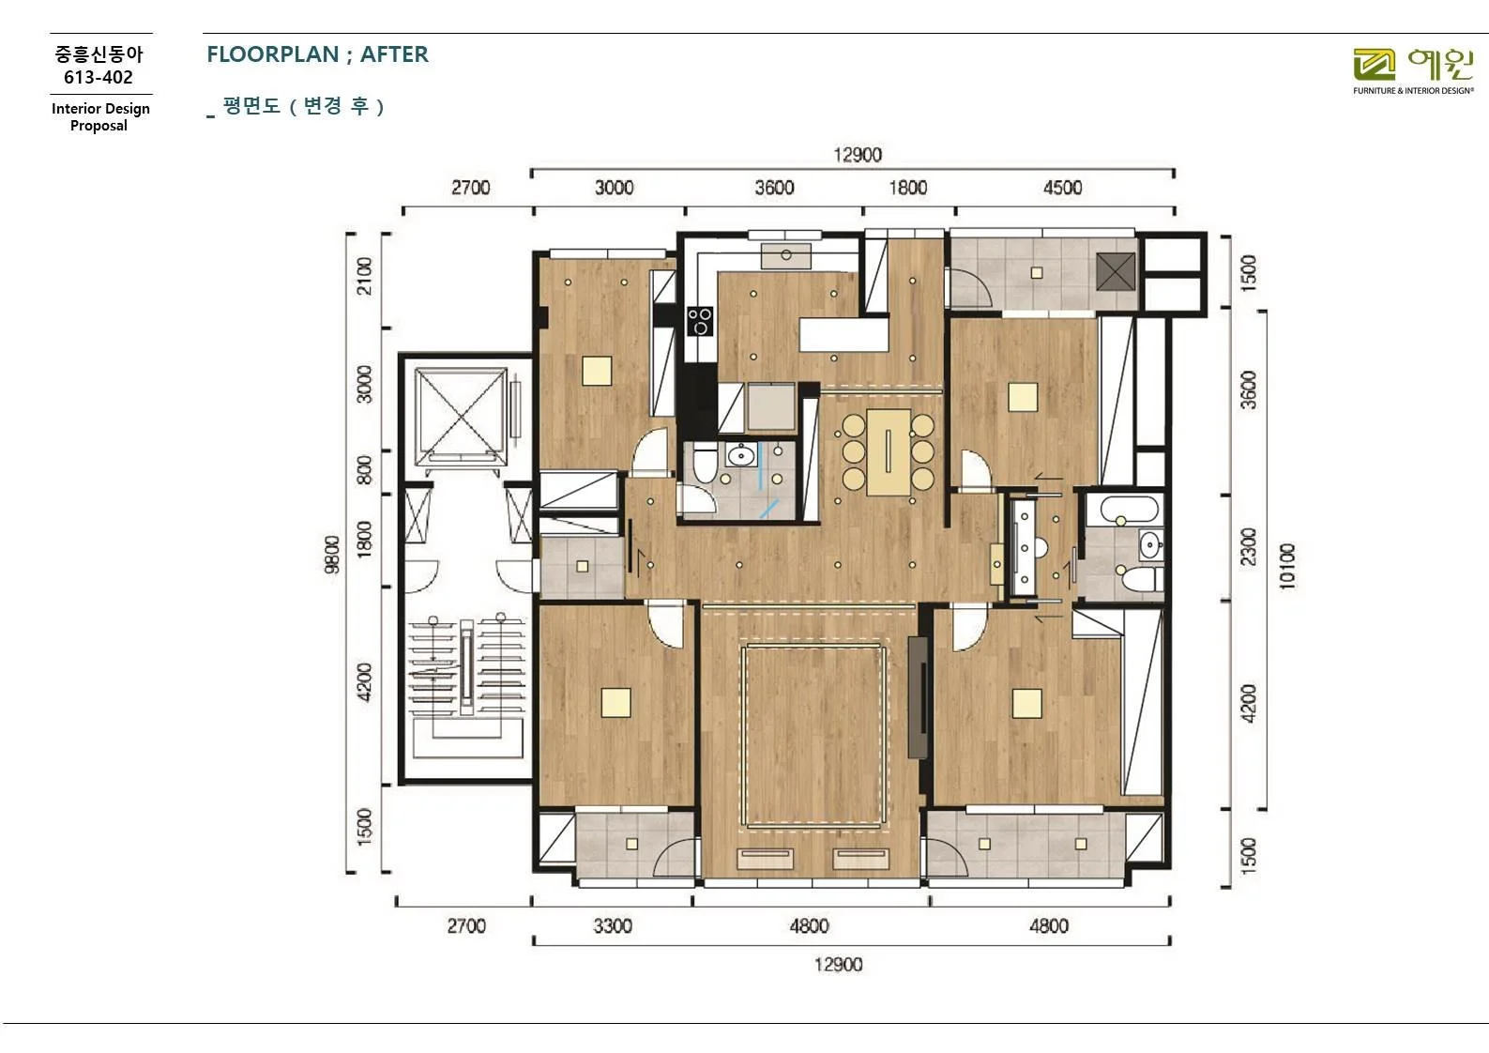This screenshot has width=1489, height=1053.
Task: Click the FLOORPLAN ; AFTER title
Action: (x=317, y=53)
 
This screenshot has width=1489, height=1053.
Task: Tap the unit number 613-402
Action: (x=99, y=77)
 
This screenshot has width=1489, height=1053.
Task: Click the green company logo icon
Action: (x=1374, y=65)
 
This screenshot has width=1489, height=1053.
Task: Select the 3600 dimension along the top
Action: (x=774, y=188)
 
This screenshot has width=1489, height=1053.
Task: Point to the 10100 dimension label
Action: (x=1287, y=566)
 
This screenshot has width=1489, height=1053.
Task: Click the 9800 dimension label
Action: (x=332, y=554)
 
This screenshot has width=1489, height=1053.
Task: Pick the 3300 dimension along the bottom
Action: (x=613, y=925)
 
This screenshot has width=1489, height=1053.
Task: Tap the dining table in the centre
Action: (x=889, y=451)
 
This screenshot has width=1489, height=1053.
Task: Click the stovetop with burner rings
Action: (x=700, y=322)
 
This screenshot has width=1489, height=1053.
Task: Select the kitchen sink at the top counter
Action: (x=785, y=255)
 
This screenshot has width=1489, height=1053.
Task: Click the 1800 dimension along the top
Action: (x=908, y=188)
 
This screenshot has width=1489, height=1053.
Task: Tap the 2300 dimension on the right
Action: (x=1249, y=546)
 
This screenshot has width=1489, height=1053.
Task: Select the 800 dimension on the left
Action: (x=364, y=469)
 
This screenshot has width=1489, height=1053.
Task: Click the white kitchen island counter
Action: (x=843, y=334)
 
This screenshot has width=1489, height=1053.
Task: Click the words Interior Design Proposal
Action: (x=100, y=117)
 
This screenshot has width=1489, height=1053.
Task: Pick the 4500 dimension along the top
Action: (x=1062, y=188)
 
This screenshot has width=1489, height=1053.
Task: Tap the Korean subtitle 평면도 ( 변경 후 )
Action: (x=303, y=106)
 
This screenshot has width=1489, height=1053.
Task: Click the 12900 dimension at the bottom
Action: (x=838, y=964)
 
